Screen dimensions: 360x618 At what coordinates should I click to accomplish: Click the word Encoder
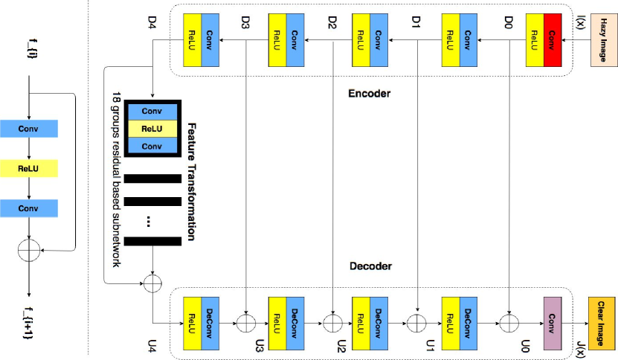[368, 94]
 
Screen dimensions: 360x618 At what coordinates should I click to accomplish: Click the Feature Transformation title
[192, 182]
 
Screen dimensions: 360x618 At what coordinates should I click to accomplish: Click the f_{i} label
[28, 52]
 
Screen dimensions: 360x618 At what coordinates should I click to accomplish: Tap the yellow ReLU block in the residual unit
[28, 169]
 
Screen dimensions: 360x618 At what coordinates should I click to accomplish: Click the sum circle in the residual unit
[28, 251]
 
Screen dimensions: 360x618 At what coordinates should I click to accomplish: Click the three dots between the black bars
[152, 221]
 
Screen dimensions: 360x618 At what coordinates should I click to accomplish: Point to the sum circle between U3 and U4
[245, 324]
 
